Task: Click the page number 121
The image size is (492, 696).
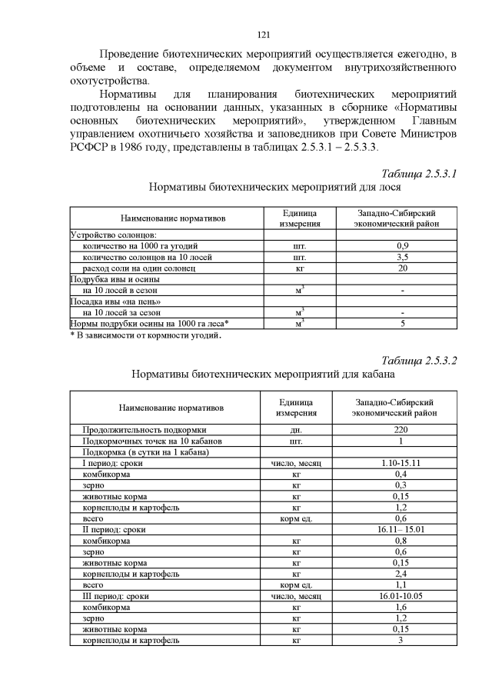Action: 263,35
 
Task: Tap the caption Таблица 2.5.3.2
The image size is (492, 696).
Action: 419,361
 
